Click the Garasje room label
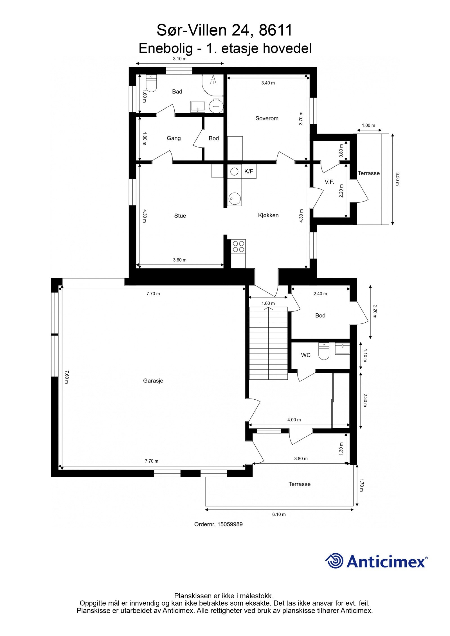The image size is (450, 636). [x=153, y=381]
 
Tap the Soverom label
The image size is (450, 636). [x=267, y=118]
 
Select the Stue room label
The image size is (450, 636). [x=180, y=216]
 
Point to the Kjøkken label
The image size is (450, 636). [x=268, y=215]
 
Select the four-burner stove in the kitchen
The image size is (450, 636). [x=238, y=246]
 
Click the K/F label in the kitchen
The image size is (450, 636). [x=249, y=171]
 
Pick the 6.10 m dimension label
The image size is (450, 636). [x=279, y=514]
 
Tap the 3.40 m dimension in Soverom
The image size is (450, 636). [x=268, y=83]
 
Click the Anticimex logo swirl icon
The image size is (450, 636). [x=334, y=561]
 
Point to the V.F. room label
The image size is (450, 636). [x=329, y=182]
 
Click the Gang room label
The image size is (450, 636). [x=174, y=138]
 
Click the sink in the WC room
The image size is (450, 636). [x=342, y=349]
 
